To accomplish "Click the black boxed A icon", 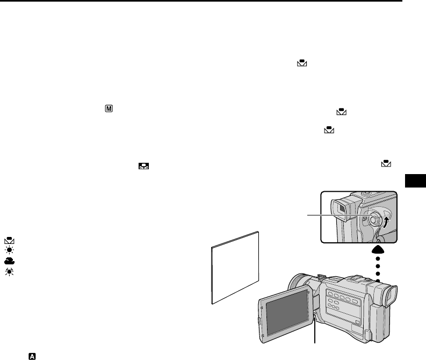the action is click(32, 356).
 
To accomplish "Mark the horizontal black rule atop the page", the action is click(201, 2).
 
